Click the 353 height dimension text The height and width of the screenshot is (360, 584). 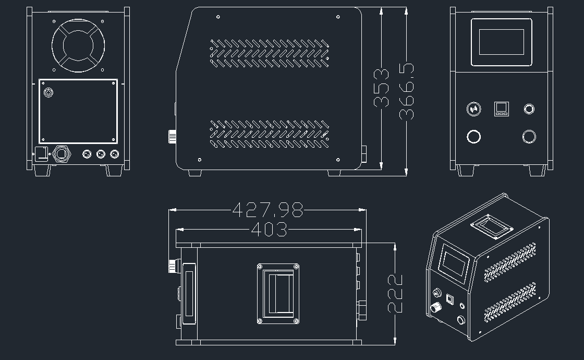[381, 88]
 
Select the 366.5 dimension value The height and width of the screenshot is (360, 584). [406, 92]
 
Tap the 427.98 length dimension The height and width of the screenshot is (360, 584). [268, 210]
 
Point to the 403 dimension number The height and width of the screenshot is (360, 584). [269, 229]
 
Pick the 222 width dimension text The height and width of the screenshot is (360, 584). [395, 293]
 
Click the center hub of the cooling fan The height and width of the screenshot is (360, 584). [78, 45]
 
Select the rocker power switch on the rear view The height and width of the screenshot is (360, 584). [41, 154]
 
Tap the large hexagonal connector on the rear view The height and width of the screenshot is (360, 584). [61, 153]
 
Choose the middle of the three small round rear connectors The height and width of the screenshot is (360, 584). [101, 153]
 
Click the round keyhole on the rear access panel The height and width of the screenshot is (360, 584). [48, 92]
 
